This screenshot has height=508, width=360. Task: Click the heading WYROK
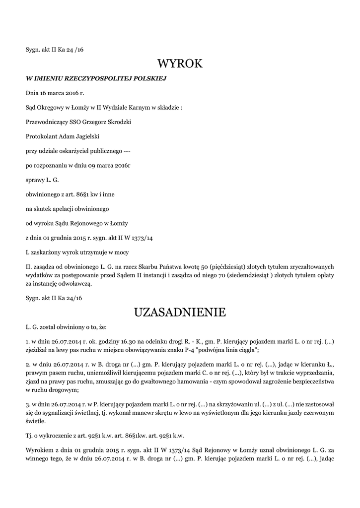coord(180,63)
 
